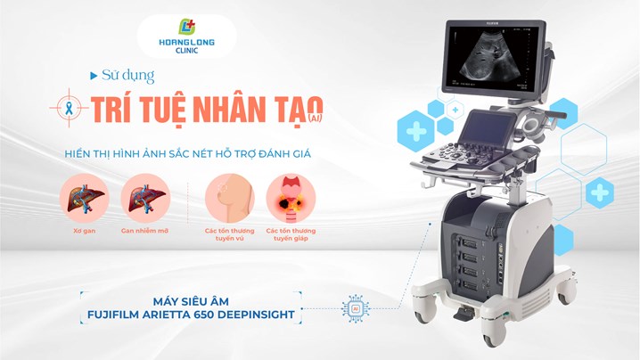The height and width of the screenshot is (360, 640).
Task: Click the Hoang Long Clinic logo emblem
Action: [x=187, y=27]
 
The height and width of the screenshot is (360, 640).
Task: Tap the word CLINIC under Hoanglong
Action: [x=186, y=51]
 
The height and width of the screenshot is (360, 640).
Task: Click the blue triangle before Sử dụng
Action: [x=94, y=76]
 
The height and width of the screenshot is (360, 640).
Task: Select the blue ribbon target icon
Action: [x=69, y=108]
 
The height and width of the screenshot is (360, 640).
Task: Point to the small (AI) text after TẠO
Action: [x=315, y=118]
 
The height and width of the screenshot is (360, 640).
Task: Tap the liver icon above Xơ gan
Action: [x=85, y=199]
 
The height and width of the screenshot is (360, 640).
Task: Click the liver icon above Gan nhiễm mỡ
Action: [x=145, y=199]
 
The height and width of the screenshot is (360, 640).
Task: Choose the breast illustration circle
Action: [x=229, y=199]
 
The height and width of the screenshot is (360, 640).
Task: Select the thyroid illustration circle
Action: [x=291, y=199]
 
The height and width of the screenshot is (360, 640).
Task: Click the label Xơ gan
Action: [x=85, y=231]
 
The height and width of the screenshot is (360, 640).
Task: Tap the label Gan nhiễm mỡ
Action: [x=145, y=231]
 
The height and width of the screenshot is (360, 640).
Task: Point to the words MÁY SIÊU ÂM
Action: [x=191, y=301]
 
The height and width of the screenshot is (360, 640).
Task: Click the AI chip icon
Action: [x=356, y=308]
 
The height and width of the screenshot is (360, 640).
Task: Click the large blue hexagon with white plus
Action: [x=415, y=132]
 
